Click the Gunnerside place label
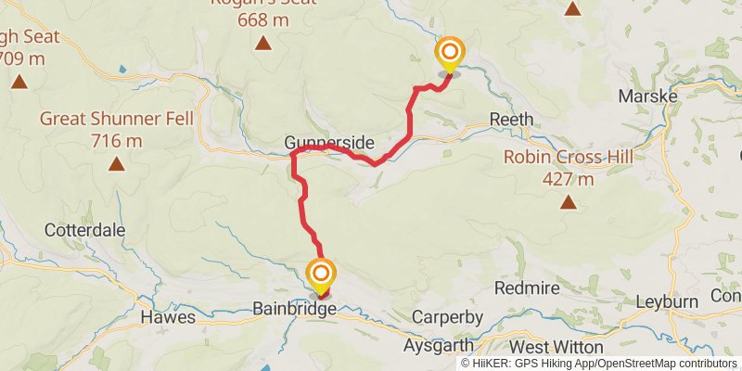[x=329, y=143]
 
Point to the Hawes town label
[x=168, y=317]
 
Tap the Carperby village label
[x=448, y=317]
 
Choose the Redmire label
[x=527, y=288]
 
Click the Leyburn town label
[x=668, y=302]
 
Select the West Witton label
[x=556, y=345]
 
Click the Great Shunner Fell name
[x=116, y=119]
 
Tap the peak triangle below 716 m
[x=117, y=165]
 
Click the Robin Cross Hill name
[x=569, y=157]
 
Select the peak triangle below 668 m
[x=264, y=43]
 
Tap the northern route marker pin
[x=449, y=53]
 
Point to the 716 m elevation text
[x=117, y=141]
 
